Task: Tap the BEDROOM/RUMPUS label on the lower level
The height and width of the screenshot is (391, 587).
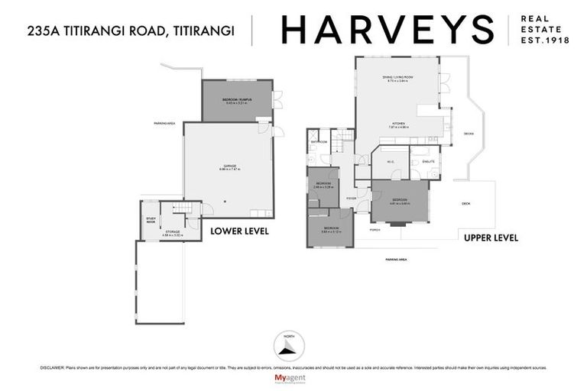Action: coord(237,101)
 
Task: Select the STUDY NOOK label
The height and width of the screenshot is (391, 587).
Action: coord(151,221)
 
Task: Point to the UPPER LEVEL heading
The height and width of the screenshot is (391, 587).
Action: coord(491,238)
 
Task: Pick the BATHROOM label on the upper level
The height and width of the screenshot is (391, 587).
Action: coord(319,142)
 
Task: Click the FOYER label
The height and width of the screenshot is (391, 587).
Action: coord(351,198)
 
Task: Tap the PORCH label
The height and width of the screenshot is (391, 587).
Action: coord(374,229)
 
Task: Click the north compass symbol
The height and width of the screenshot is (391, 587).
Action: coord(287,346)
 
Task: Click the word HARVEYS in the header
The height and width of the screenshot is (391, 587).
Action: coord(387,30)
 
